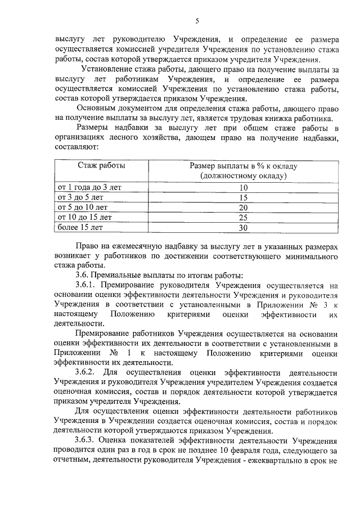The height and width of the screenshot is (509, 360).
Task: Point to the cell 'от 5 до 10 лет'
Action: [80, 208]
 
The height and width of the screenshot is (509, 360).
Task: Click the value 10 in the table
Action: [243, 188]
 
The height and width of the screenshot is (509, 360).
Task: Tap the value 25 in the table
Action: [243, 218]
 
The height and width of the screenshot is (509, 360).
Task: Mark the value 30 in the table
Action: [243, 228]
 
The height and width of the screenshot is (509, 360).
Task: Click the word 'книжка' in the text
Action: [283, 118]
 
